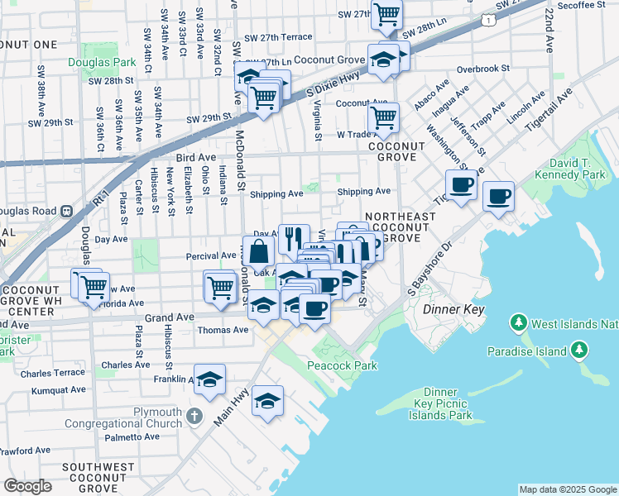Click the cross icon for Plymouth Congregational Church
194,414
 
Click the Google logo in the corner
27,486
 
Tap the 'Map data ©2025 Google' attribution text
567,489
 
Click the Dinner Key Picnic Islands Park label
439,403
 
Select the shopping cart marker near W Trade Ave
383,117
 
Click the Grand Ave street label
169,317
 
